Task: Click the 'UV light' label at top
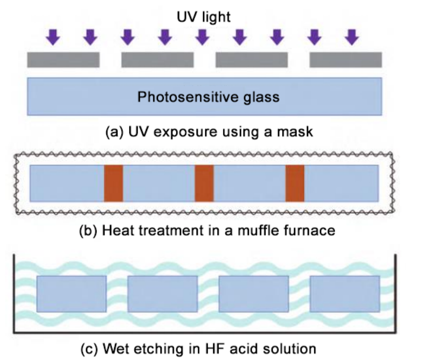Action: pos(204,17)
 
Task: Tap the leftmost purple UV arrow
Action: pos(53,37)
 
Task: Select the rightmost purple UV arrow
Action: pos(351,37)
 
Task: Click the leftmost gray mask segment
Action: pos(63,60)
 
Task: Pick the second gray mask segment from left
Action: pos(157,60)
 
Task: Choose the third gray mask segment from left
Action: pos(252,60)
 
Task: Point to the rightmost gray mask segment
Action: pos(346,60)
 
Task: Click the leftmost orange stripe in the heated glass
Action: pos(114,183)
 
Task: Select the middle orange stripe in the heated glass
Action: pos(204,183)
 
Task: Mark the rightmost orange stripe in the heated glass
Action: pos(295,183)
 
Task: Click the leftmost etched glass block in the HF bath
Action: pos(71,294)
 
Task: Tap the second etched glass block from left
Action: pos(162,294)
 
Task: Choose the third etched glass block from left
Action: pos(253,294)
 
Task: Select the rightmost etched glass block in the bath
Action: pos(344,294)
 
